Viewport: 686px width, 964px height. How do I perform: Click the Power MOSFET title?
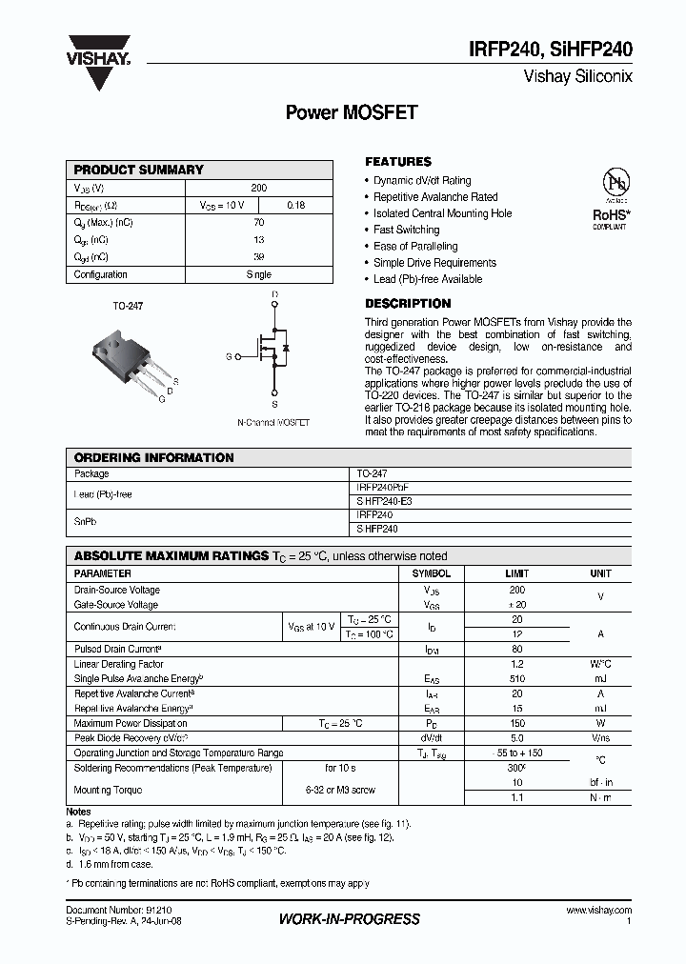[x=352, y=112]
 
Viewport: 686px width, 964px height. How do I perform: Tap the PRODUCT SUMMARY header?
[x=139, y=170]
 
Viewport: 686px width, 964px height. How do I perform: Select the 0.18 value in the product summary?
[x=295, y=205]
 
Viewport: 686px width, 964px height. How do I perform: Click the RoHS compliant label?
[x=610, y=219]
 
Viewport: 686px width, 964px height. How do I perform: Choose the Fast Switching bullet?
[x=406, y=230]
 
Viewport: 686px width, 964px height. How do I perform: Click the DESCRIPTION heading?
[x=408, y=304]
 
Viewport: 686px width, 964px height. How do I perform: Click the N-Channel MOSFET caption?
[x=273, y=421]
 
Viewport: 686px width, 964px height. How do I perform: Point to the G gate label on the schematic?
[x=229, y=356]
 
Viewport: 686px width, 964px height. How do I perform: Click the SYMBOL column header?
[x=431, y=574]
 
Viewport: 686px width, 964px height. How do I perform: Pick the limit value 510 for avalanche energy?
[x=517, y=679]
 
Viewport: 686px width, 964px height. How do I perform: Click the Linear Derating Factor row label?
[x=119, y=664]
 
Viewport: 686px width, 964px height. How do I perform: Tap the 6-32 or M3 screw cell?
[x=339, y=790]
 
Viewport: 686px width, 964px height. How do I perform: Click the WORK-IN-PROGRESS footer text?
[x=349, y=919]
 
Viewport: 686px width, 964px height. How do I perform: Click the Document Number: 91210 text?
[x=106, y=911]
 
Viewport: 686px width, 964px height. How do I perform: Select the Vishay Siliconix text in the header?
[x=578, y=76]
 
